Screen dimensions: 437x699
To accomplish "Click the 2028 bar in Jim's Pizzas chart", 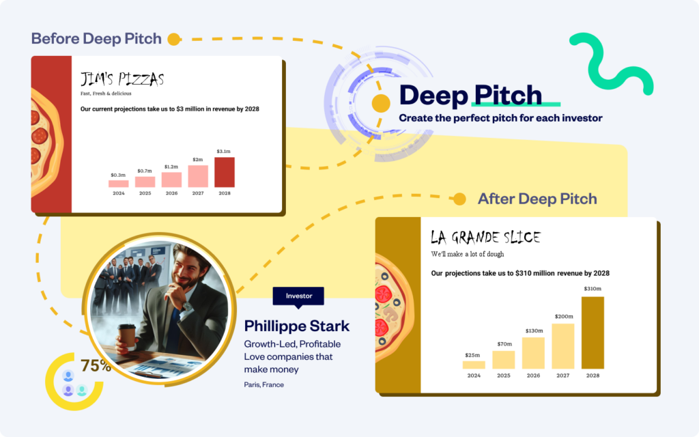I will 225,172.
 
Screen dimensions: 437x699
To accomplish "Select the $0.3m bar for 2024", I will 119,183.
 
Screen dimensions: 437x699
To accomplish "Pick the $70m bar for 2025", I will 503,359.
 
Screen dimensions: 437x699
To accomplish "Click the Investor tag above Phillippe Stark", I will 298,296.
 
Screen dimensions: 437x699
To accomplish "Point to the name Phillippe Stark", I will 297,326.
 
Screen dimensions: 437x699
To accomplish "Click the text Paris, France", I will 264,384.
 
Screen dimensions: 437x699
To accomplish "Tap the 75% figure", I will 96,365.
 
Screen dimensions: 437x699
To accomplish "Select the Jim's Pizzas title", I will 122,79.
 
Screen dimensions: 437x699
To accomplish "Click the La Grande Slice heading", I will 485,238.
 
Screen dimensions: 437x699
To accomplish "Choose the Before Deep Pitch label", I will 96,38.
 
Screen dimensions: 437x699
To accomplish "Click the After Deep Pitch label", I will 537,199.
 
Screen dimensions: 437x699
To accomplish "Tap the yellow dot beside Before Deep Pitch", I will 174,39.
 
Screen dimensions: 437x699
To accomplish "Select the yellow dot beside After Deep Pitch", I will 460,199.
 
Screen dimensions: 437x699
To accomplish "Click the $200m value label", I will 564,316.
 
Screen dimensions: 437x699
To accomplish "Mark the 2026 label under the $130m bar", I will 533,376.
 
